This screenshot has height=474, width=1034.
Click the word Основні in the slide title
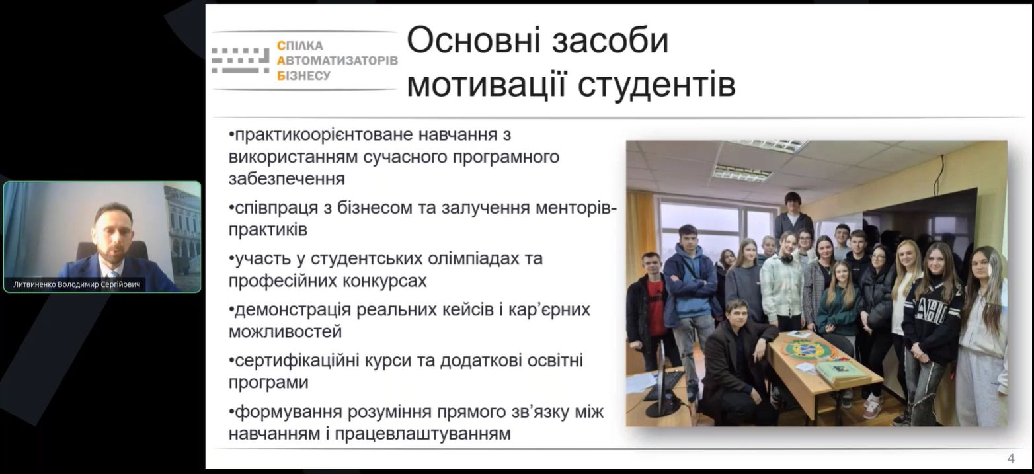point(473,40)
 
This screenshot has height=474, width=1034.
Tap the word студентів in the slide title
point(656,85)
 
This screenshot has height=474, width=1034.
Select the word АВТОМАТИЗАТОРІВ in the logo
point(337,61)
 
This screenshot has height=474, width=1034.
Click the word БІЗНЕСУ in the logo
point(303,75)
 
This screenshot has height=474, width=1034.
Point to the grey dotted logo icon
point(241,60)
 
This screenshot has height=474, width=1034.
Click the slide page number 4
point(1011,458)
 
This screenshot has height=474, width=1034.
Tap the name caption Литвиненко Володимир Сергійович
point(77,284)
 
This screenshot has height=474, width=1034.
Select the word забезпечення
point(287,179)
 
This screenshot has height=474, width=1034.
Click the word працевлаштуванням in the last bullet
point(423,434)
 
